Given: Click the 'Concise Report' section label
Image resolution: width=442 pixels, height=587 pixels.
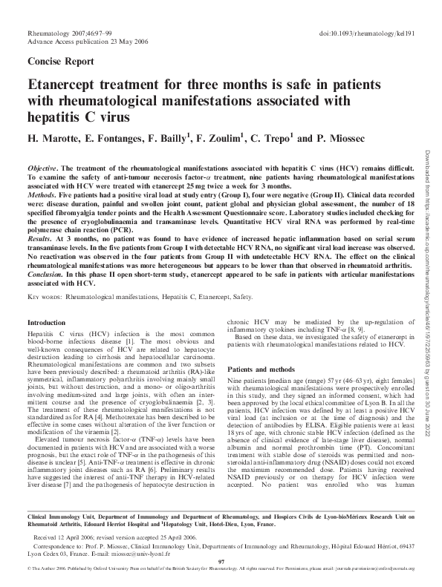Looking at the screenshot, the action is click(x=60, y=62).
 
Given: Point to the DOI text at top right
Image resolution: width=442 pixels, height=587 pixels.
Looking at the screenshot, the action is click(x=368, y=34).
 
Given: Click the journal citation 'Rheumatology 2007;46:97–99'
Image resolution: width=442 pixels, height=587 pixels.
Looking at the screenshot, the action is click(x=69, y=34).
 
